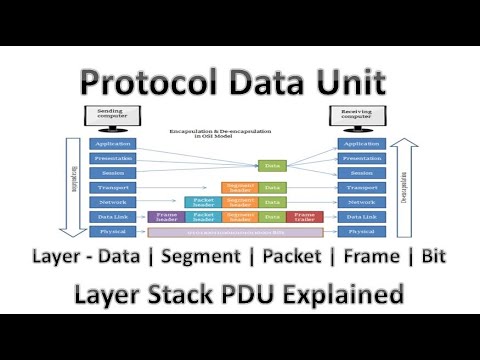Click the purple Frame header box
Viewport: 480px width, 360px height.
(166, 216)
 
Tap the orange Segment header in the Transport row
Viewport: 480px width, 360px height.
(238, 187)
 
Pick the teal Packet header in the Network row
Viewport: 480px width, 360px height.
(203, 202)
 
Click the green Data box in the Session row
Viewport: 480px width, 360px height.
(271, 165)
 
